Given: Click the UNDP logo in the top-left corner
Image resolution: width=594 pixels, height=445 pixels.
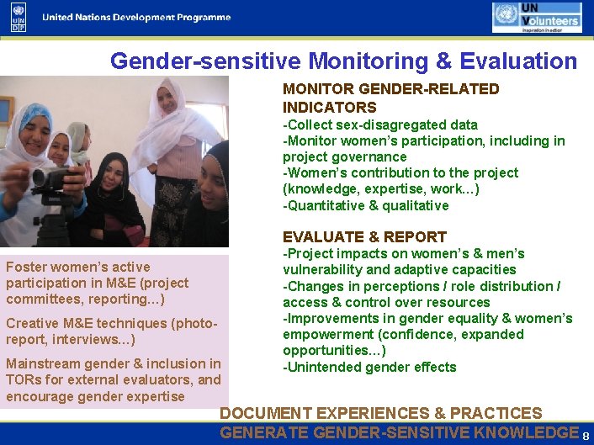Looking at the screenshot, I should tap(19, 17).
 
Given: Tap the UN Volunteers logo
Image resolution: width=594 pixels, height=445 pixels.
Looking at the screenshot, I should tap(536, 17).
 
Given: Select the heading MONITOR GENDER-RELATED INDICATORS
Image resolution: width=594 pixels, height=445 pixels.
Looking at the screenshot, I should tap(390, 98).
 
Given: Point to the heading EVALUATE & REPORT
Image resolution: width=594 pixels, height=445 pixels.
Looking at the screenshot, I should tap(364, 237).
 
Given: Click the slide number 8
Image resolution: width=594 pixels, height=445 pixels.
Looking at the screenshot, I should tap(586, 436).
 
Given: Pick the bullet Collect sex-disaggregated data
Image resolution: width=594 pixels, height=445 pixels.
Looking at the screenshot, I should tap(380, 125).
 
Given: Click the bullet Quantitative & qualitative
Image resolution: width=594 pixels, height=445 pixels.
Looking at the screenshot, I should tap(366, 206).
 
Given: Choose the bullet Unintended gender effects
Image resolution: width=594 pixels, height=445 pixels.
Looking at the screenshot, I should tap(369, 367).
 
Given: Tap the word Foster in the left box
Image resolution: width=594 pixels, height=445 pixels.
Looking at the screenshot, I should tap(24, 268).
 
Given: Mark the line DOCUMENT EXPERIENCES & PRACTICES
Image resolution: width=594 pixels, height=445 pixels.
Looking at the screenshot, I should tap(380, 414).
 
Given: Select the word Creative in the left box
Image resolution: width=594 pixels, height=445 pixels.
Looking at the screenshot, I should tap(33, 324).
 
